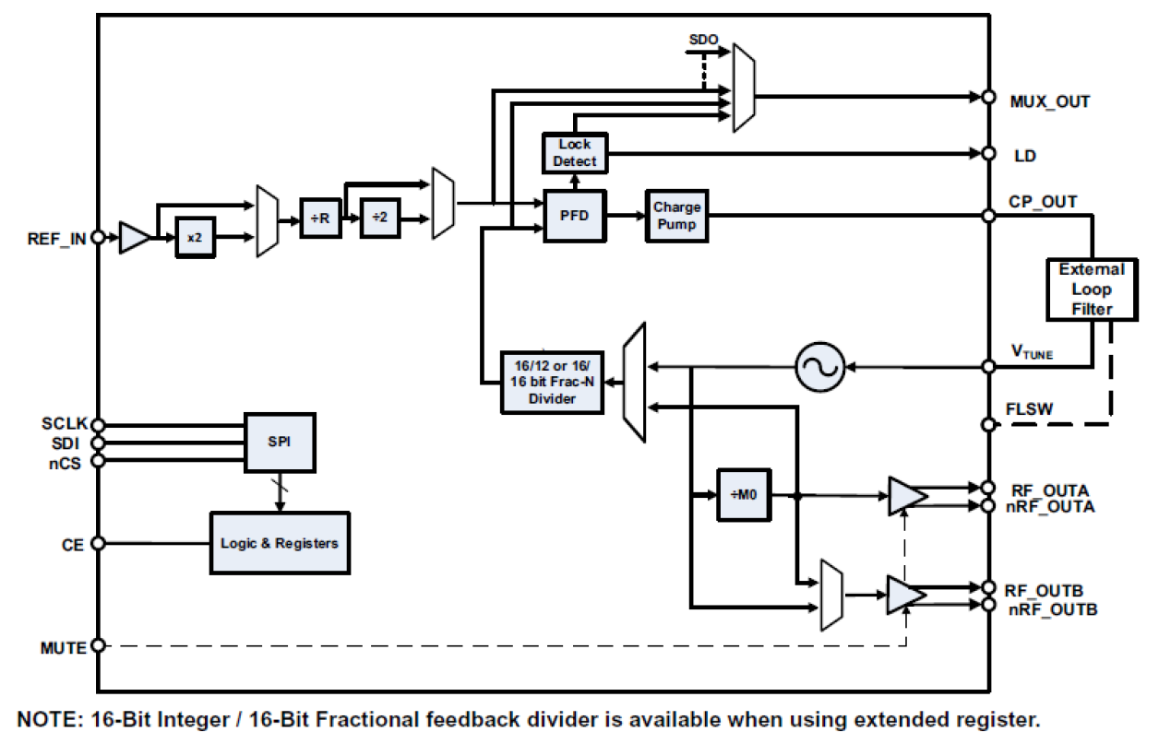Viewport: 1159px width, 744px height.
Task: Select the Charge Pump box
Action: (677, 217)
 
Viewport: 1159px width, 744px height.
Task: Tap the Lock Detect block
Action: (575, 153)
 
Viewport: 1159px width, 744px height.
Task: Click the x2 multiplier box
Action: (194, 238)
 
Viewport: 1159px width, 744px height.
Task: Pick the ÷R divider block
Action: (321, 218)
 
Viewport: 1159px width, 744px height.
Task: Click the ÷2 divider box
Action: (380, 218)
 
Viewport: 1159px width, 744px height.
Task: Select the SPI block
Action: (279, 443)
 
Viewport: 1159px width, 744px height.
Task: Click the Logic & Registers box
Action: (280, 543)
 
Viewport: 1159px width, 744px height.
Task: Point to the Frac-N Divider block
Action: (552, 382)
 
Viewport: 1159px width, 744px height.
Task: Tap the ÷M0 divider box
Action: (744, 495)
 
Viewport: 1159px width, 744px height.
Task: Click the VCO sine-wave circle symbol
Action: (819, 367)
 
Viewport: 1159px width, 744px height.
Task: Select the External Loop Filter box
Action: (1092, 289)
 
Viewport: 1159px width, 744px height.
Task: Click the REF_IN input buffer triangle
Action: (135, 238)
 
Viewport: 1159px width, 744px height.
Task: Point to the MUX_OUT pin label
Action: (1050, 101)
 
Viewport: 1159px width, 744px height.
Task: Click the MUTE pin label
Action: (64, 647)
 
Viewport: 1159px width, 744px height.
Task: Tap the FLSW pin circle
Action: (988, 425)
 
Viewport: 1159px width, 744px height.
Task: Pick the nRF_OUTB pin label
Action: (1053, 609)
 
